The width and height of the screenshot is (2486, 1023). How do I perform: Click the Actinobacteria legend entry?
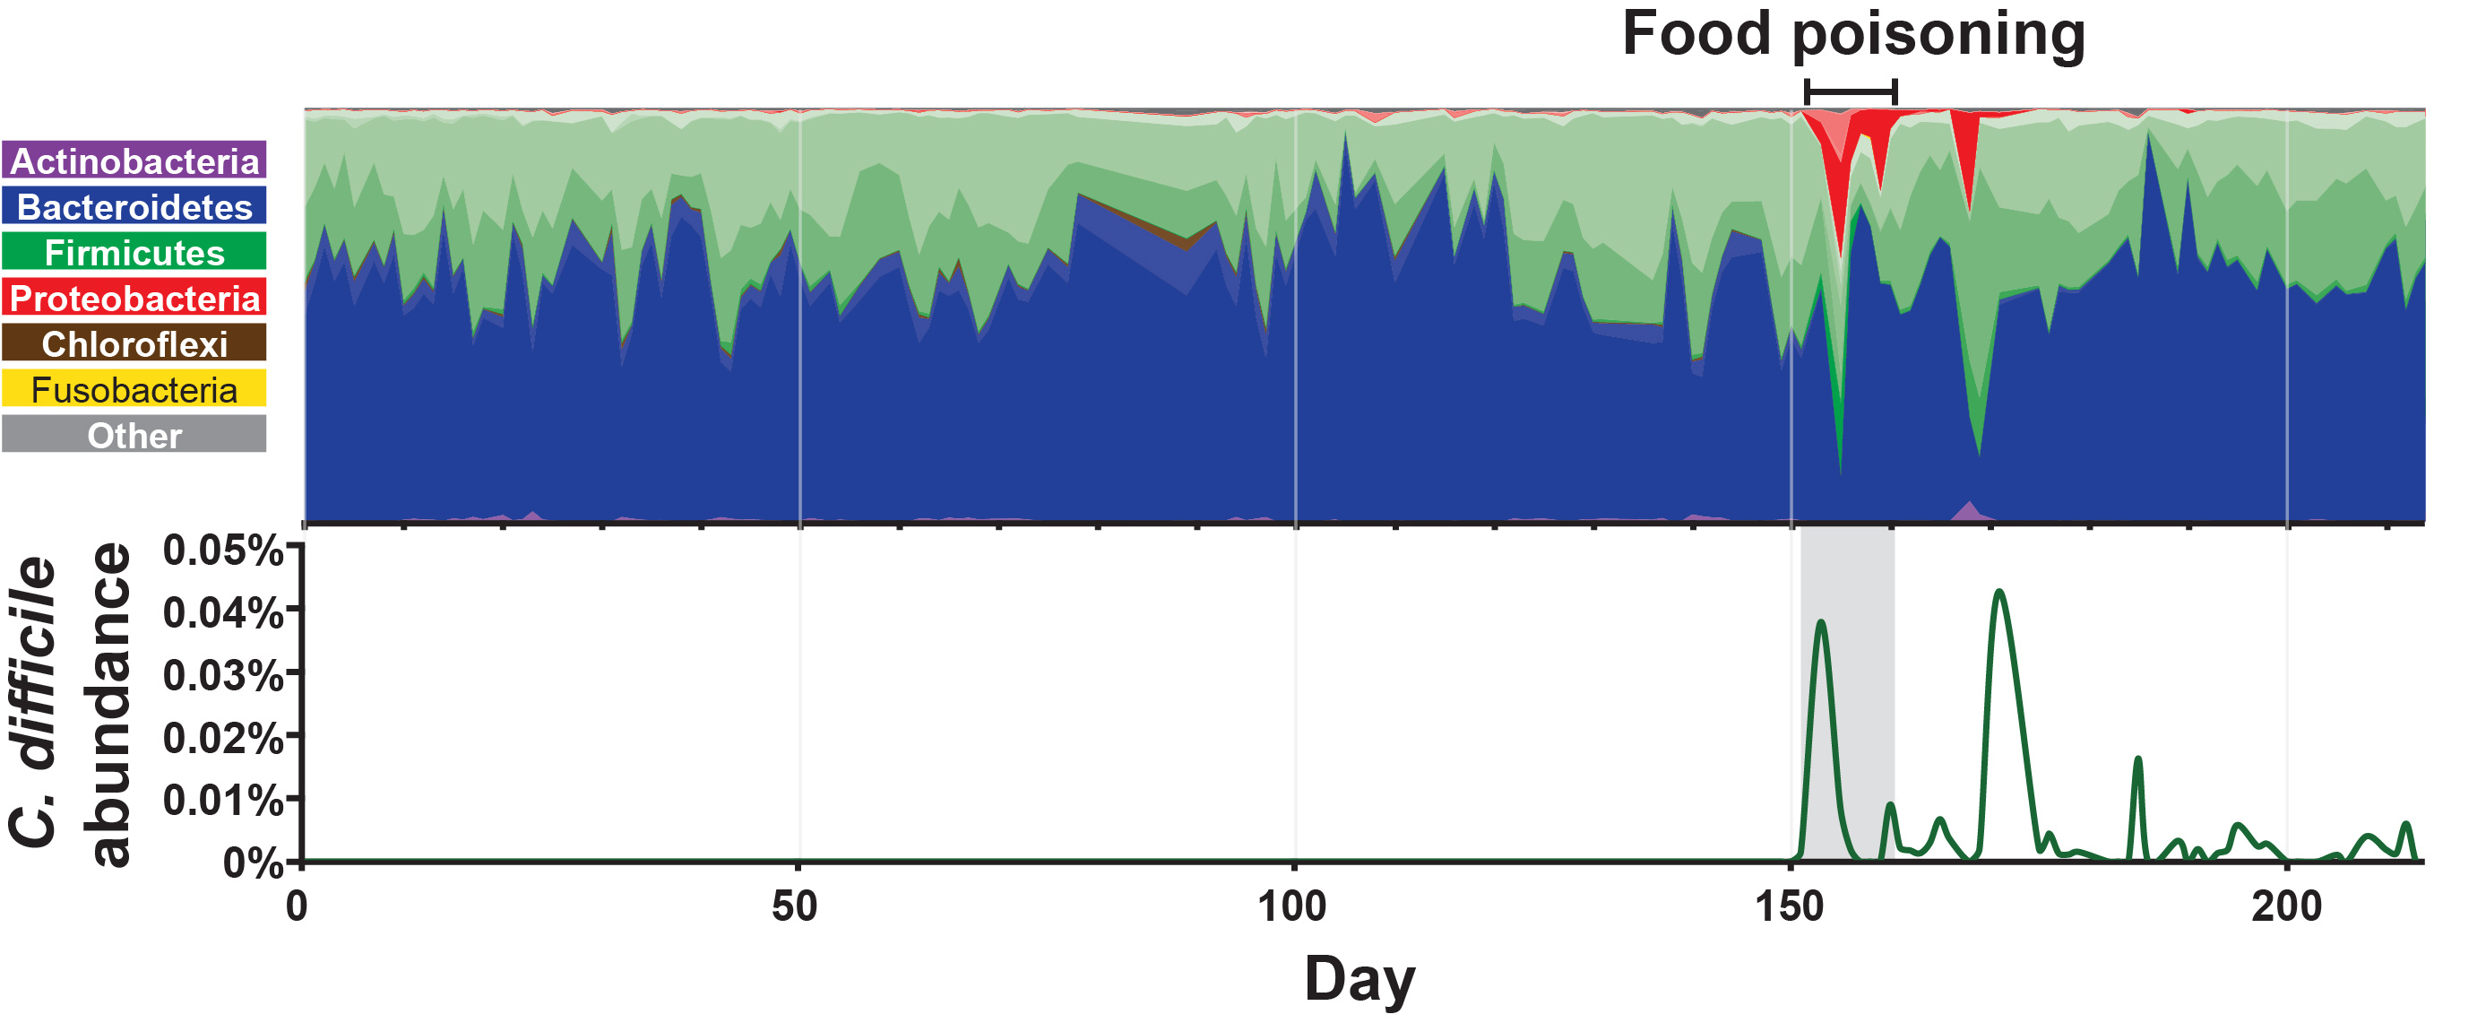click(x=134, y=160)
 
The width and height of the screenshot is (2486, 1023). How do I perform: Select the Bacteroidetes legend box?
click(x=134, y=206)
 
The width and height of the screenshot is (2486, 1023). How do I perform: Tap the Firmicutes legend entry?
click(x=134, y=252)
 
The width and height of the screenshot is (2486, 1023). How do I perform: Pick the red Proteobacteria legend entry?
click(x=134, y=299)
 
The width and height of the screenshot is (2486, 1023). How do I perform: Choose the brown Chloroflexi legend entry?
click(x=134, y=343)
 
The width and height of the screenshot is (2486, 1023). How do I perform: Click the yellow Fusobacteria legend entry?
click(x=134, y=389)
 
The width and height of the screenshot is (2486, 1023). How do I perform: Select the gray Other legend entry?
click(x=134, y=435)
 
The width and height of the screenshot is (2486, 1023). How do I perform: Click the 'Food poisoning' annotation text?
click(x=1853, y=35)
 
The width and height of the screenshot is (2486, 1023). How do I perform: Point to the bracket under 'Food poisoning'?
click(x=1850, y=91)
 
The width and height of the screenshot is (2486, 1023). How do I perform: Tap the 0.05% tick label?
click(x=223, y=551)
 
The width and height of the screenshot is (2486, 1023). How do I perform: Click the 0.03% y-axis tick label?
click(x=223, y=675)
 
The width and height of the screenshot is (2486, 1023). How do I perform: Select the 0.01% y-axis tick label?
click(x=223, y=800)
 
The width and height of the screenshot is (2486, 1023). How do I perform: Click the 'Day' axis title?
click(x=1359, y=980)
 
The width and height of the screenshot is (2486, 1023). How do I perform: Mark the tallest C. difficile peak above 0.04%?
click(x=1999, y=592)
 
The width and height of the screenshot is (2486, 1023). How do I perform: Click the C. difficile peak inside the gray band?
click(x=1820, y=622)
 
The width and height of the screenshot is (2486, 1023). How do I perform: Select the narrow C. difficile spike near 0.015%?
click(x=2137, y=759)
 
